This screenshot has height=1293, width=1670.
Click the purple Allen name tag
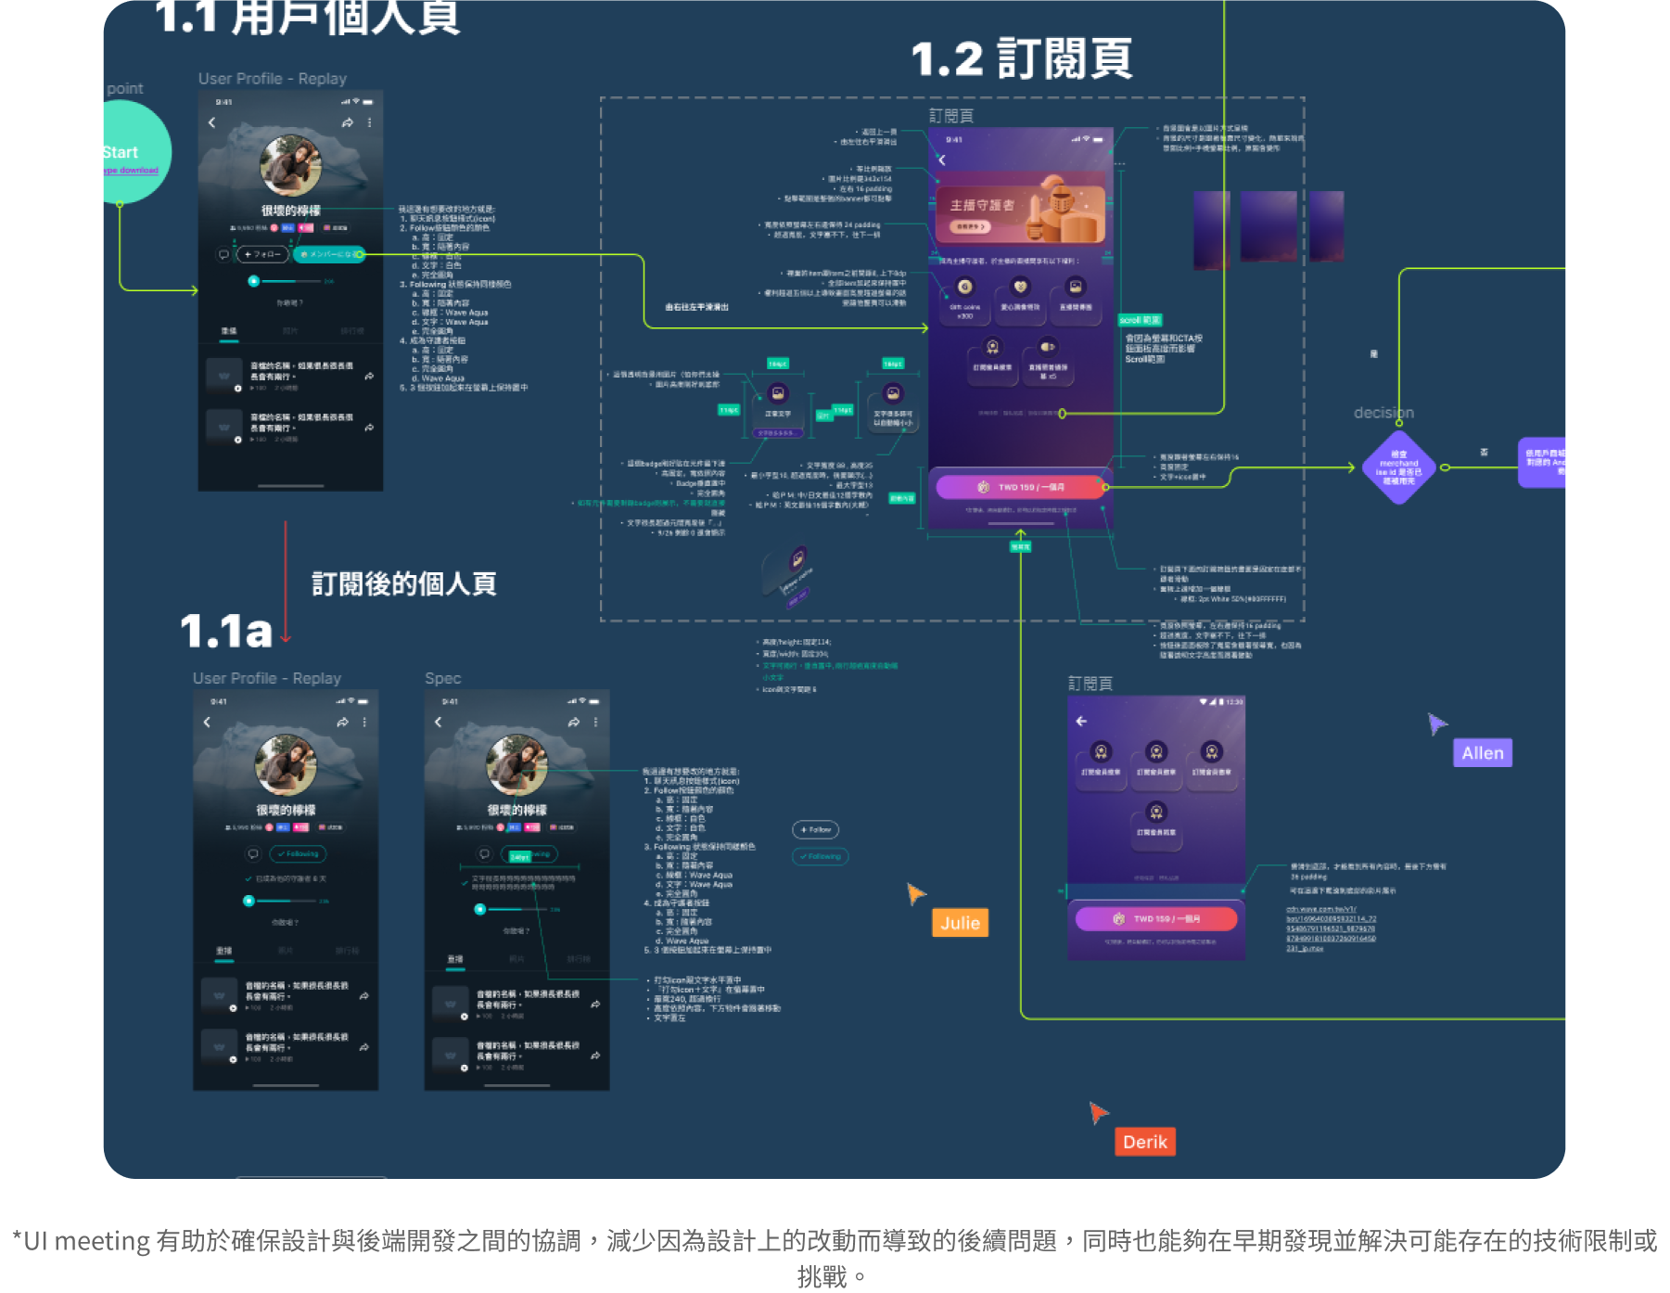1482,753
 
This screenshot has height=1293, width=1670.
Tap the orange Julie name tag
960,923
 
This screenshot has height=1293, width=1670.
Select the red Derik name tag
1144,1142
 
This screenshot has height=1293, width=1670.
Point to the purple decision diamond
1398,467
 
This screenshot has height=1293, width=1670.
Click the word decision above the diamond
1383,413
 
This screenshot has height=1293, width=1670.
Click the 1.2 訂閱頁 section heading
1021,59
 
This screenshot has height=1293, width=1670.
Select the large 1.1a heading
226,632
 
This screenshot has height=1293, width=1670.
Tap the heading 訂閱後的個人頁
404,583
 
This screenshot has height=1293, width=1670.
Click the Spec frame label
442,678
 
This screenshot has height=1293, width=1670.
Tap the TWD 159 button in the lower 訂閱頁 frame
1155,918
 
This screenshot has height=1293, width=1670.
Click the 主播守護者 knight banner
1020,208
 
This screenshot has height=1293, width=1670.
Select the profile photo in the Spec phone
516,765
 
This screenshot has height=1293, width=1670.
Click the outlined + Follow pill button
815,829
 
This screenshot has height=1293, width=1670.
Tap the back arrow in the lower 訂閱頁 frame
1081,721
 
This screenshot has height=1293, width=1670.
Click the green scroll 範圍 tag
1140,320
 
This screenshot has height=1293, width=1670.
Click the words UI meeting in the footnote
87,1241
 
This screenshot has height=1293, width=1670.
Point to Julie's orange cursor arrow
915,892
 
